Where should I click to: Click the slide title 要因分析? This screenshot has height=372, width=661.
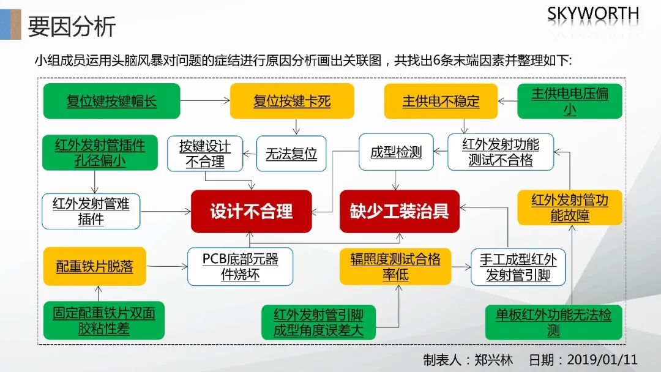[72, 26]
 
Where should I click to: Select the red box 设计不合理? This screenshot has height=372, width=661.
[252, 212]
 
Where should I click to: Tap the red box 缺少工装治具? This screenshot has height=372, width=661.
[399, 212]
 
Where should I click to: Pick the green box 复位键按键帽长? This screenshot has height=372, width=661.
[112, 101]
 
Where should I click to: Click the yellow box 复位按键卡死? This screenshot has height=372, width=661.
[292, 101]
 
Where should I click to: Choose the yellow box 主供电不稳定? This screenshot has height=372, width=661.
[441, 101]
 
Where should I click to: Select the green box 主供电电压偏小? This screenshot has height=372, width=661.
[570, 101]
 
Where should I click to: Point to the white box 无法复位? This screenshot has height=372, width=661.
[291, 154]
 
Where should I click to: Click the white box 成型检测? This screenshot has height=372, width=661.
[396, 152]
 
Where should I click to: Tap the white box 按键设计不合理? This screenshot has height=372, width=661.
[205, 154]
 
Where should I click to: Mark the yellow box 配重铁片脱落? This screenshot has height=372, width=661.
[95, 266]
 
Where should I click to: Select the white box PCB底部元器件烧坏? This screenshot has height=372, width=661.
[241, 267]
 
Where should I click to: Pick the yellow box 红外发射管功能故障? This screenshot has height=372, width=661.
[570, 207]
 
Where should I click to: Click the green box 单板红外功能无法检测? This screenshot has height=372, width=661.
[553, 322]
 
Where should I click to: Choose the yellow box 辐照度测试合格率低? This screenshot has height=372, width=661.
[395, 266]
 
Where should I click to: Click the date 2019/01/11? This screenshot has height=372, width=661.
[602, 359]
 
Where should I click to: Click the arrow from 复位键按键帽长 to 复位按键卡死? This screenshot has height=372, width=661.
[205, 101]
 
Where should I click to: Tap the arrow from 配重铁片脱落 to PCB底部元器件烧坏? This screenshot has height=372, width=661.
[167, 266]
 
